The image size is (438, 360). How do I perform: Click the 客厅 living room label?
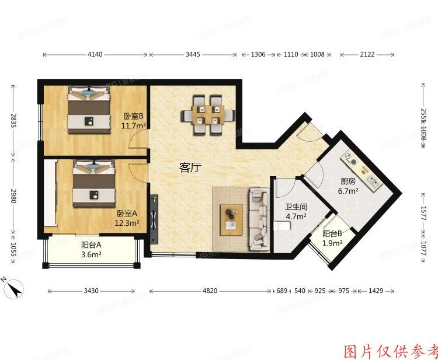190,168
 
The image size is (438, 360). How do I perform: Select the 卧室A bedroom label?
127,214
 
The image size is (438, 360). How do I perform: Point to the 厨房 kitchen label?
349,181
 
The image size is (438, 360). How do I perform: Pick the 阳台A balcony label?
92,246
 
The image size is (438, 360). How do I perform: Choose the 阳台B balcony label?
332,235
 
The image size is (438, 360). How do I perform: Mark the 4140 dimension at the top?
95,55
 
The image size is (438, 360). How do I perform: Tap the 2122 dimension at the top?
367,55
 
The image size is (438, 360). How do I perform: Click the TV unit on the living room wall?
154,220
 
